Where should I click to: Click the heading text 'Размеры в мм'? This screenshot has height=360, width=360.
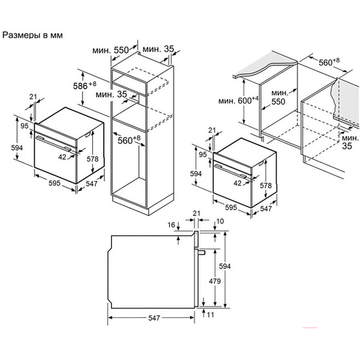click(x=32, y=35)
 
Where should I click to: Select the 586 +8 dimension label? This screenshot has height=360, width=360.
click(x=85, y=85)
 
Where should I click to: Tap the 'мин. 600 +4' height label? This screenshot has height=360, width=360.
click(x=238, y=100)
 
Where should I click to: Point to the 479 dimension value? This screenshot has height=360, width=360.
click(x=215, y=281)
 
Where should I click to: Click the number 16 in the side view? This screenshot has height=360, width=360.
click(x=171, y=225)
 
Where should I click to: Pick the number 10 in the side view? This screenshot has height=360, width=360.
click(x=220, y=221)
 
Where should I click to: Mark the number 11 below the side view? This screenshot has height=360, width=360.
click(x=211, y=314)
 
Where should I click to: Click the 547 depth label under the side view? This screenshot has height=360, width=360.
click(x=154, y=318)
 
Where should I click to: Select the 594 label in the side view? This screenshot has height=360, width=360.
click(x=225, y=266)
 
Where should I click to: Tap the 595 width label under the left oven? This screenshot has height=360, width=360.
click(x=55, y=183)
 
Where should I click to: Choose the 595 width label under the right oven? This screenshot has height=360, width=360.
click(x=231, y=208)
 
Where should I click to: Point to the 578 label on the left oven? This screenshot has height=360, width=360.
click(x=92, y=159)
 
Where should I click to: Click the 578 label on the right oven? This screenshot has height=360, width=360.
click(x=266, y=185)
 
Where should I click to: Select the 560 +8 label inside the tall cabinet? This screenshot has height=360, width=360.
click(x=129, y=140)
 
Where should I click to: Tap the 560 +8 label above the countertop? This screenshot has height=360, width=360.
click(x=329, y=62)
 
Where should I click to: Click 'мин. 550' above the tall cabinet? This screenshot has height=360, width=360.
click(x=110, y=50)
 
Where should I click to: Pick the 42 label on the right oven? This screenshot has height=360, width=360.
click(x=238, y=183)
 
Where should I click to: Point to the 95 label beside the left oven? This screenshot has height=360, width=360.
click(x=25, y=126)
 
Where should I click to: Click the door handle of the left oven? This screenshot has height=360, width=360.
click(x=53, y=143)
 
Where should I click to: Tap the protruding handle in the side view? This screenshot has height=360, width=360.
click(x=201, y=252)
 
